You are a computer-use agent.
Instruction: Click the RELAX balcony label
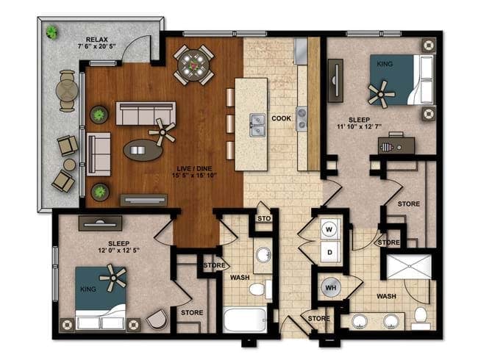[96, 40]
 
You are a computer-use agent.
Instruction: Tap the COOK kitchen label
[281, 118]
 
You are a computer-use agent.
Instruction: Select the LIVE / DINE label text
[194, 169]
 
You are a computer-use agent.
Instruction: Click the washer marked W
[329, 229]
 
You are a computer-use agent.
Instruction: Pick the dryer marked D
[329, 252]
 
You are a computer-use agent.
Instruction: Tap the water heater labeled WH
[331, 287]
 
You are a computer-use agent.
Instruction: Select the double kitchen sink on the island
[257, 125]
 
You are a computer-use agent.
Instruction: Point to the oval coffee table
[143, 150]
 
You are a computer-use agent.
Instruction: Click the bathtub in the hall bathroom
[245, 320]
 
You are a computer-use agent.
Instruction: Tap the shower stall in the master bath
[409, 267]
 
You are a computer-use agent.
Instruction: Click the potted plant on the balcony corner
[51, 32]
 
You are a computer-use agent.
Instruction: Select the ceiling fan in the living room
[163, 132]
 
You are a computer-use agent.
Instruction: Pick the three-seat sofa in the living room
[146, 113]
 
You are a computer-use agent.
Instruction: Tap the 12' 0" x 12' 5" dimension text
[119, 250]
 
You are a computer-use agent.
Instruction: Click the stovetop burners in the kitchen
[302, 118]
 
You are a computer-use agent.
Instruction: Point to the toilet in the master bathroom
[421, 317]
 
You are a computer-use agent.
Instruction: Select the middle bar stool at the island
[230, 123]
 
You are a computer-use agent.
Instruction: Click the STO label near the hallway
[264, 218]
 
